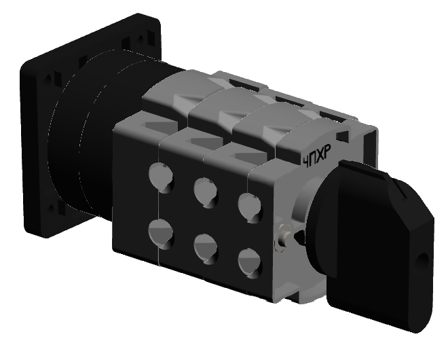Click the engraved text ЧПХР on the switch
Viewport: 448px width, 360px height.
click(x=317, y=156)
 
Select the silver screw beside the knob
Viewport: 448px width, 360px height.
click(x=282, y=238)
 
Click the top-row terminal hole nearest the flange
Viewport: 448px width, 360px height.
click(x=161, y=177)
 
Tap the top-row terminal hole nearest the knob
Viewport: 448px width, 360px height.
click(x=249, y=207)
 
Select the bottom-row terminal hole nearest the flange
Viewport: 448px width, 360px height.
click(x=161, y=234)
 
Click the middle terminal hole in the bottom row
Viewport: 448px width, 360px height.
click(x=206, y=249)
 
